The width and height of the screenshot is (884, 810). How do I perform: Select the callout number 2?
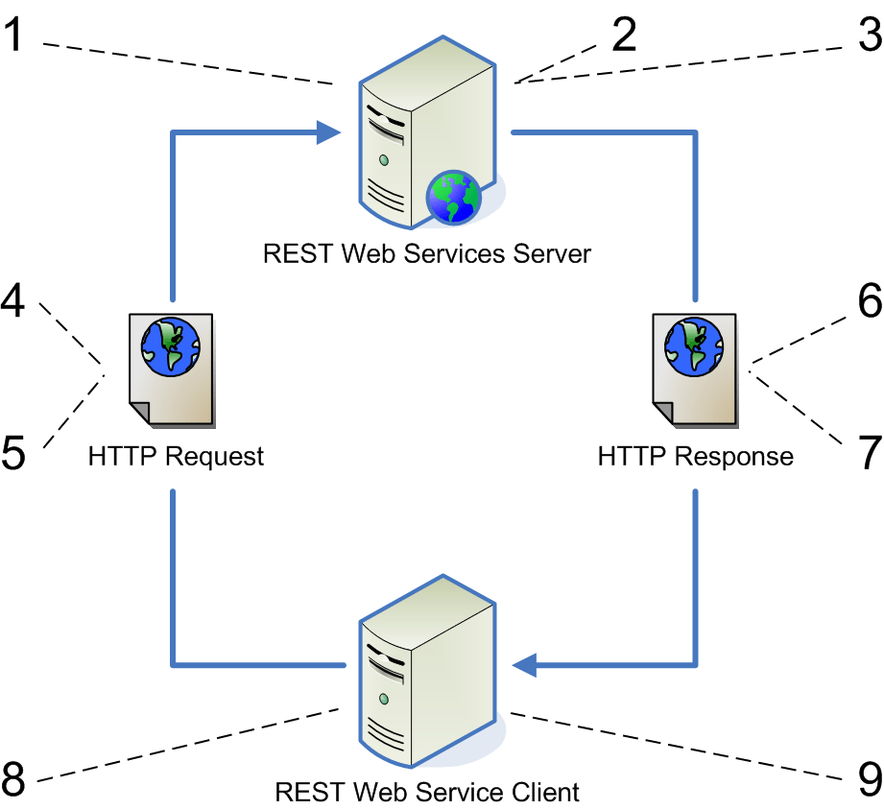pyautogui.click(x=624, y=36)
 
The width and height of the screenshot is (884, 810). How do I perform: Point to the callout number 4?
pyautogui.click(x=14, y=303)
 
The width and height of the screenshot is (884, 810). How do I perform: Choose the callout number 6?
pyautogui.click(x=869, y=303)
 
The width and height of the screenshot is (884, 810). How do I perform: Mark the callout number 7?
pyautogui.click(x=869, y=452)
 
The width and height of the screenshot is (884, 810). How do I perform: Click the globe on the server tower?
pyautogui.click(x=453, y=197)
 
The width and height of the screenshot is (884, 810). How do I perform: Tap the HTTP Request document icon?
pyautogui.click(x=172, y=370)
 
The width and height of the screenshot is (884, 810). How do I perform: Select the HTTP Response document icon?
pyautogui.click(x=696, y=370)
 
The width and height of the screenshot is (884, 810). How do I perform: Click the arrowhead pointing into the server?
pyautogui.click(x=330, y=133)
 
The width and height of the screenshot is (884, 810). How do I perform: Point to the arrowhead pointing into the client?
pyautogui.click(x=526, y=663)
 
